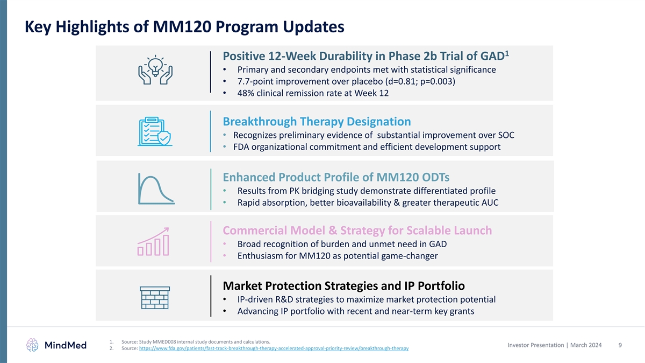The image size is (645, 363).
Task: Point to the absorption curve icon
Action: [156, 189]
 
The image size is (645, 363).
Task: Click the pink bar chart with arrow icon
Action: [154, 242]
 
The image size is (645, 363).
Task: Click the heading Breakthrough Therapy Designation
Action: [317, 122]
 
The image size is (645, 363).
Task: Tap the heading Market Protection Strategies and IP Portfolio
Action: [343, 285]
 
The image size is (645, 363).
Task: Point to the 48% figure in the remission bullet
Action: [246, 93]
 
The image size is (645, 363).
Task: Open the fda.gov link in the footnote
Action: [273, 348]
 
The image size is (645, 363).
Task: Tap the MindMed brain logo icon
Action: [33, 345]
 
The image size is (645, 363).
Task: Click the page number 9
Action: [620, 345]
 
